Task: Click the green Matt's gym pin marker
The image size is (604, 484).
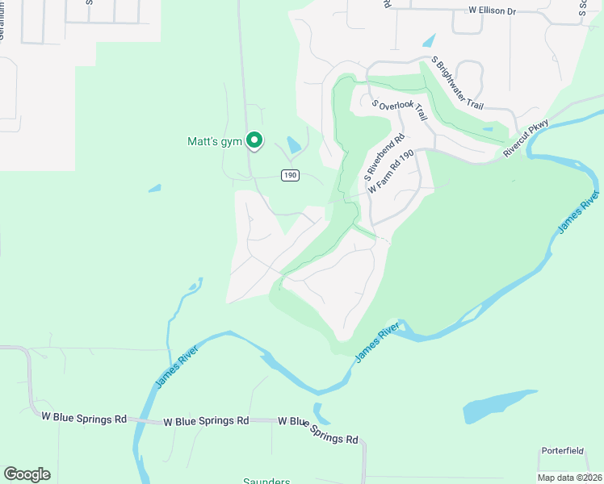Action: click(x=254, y=141)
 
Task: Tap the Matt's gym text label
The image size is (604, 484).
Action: click(x=215, y=142)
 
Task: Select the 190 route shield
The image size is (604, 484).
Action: click(x=290, y=175)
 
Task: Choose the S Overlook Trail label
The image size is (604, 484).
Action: click(x=399, y=111)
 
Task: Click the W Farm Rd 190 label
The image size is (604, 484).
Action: click(x=391, y=171)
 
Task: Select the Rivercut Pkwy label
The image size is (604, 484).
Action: click(x=526, y=138)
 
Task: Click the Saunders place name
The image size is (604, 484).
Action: click(x=266, y=482)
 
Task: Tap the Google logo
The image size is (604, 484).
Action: click(x=27, y=474)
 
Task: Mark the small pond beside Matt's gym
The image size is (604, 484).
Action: click(x=293, y=146)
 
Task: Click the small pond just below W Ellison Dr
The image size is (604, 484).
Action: click(x=428, y=40)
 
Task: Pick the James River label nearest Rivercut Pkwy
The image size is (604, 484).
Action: click(x=577, y=215)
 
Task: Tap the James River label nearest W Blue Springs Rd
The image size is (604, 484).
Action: click(x=174, y=364)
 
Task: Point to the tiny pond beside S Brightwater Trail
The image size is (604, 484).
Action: click(x=487, y=128)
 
